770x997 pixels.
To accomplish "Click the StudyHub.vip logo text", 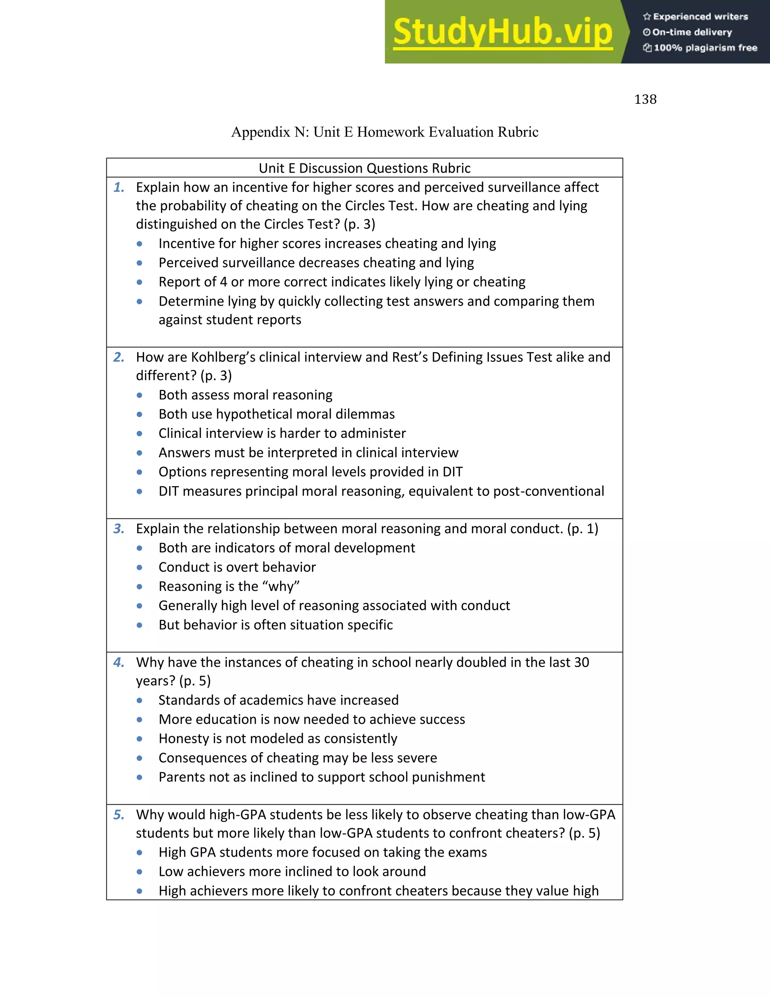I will (502, 32).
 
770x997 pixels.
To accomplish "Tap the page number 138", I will (645, 100).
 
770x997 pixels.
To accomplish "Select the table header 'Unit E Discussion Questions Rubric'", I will (364, 169).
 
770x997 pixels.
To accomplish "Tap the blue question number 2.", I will (118, 357).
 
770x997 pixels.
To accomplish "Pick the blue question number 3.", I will (118, 529).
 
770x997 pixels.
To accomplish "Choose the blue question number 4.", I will (118, 663).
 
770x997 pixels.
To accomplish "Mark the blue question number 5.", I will (118, 815).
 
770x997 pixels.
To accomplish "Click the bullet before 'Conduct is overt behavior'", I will (139, 567).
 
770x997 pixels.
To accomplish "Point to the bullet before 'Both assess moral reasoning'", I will (139, 395).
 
